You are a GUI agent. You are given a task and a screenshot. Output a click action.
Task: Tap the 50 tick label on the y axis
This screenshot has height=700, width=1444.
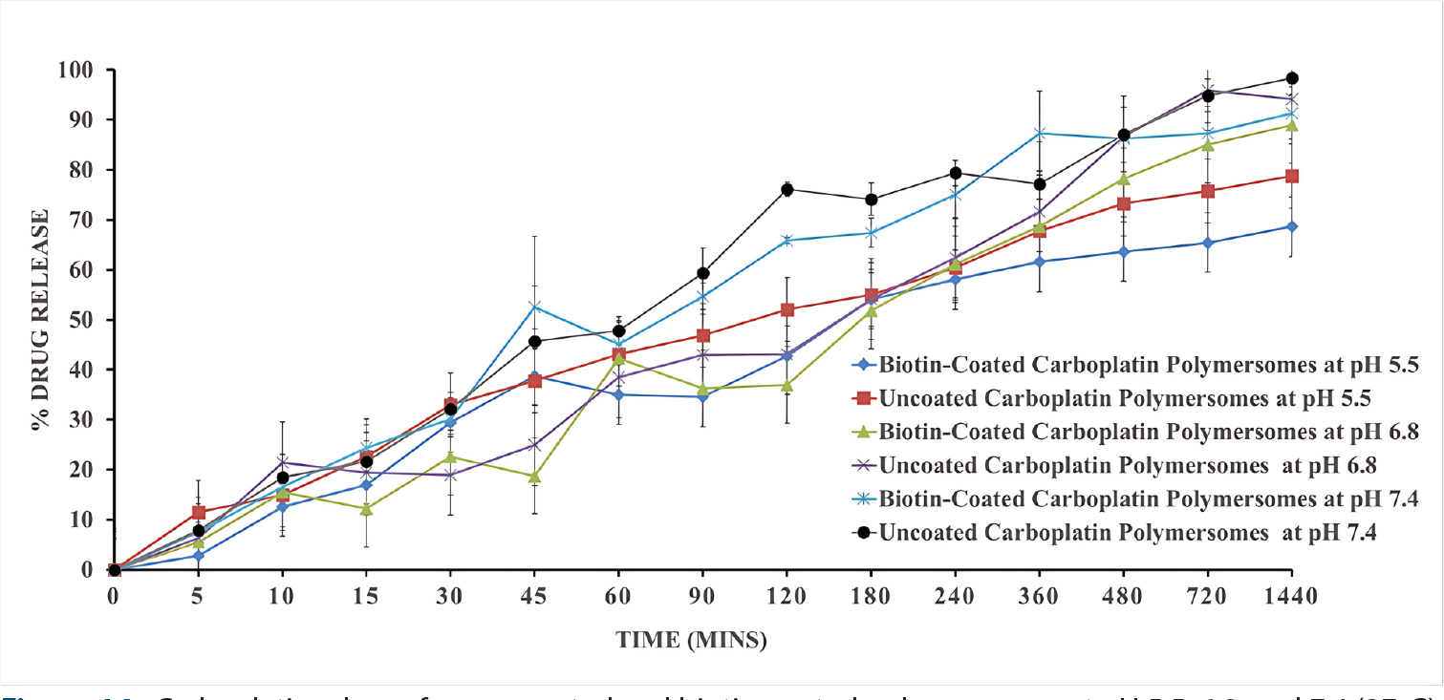coord(78,320)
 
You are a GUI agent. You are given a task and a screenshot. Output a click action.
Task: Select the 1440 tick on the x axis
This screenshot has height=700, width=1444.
coord(1291,597)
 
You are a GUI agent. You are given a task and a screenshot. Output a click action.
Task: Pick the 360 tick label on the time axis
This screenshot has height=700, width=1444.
coord(1039,597)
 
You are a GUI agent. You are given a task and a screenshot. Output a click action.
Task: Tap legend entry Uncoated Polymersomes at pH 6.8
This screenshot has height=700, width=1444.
coord(1085,465)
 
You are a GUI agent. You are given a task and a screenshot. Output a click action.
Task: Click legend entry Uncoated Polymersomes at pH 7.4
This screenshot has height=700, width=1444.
coord(1085,533)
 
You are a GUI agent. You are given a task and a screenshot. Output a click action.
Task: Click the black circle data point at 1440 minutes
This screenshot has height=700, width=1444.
coord(1292,78)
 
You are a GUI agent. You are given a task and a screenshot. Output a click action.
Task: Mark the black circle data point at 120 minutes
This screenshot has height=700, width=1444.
coord(787,189)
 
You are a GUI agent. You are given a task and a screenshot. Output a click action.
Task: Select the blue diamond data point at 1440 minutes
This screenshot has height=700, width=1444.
coord(1292,226)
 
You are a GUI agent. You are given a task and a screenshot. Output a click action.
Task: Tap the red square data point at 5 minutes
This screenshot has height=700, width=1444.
coord(198,513)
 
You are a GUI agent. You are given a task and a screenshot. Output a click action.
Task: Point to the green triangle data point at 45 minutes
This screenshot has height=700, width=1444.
coord(535,477)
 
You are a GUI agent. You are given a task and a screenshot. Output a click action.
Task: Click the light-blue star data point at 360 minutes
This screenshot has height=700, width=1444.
coord(1040,134)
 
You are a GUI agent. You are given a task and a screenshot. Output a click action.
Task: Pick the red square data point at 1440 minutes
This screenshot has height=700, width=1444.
coord(1292,176)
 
